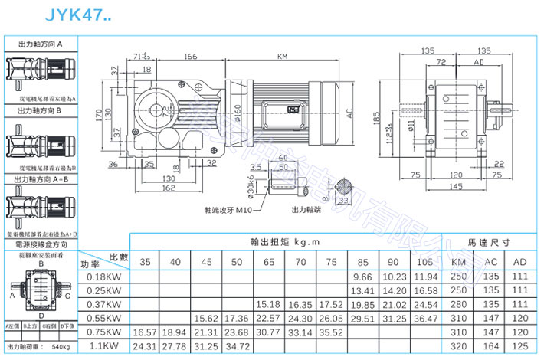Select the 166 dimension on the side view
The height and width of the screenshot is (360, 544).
pos(191,56)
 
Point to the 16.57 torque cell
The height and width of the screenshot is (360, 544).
pos(143,332)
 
